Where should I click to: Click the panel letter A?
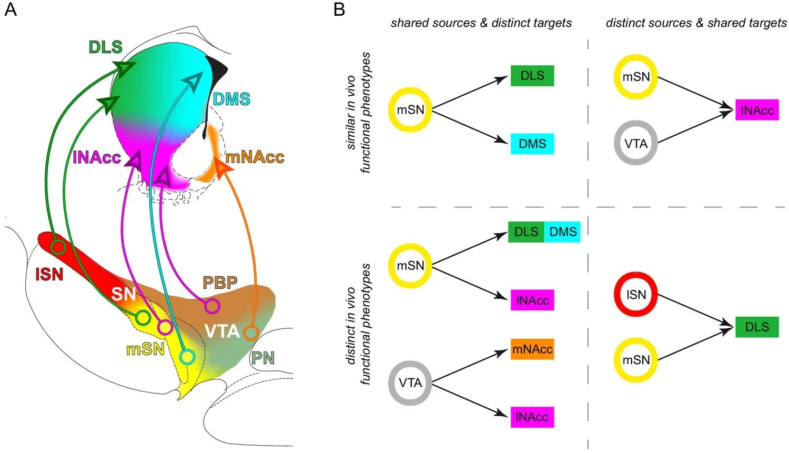[10, 9]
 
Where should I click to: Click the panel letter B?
[339, 9]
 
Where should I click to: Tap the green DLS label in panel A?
[105, 47]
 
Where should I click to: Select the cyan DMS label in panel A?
[231, 99]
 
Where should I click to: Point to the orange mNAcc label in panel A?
[255, 157]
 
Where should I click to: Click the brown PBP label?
[220, 283]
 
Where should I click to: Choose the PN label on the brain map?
[262, 358]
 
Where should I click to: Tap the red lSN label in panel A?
[49, 274]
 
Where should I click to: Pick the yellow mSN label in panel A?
[145, 349]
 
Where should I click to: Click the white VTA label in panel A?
[222, 331]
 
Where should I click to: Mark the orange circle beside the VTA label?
[251, 333]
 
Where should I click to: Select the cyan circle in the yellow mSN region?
[187, 357]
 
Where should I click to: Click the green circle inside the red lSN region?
[58, 247]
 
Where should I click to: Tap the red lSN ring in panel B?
[636, 295]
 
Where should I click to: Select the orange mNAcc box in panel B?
[532, 349]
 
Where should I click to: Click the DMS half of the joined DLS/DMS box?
[562, 232]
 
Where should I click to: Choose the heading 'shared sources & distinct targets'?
[481, 23]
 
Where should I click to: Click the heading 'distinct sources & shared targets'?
[696, 23]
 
